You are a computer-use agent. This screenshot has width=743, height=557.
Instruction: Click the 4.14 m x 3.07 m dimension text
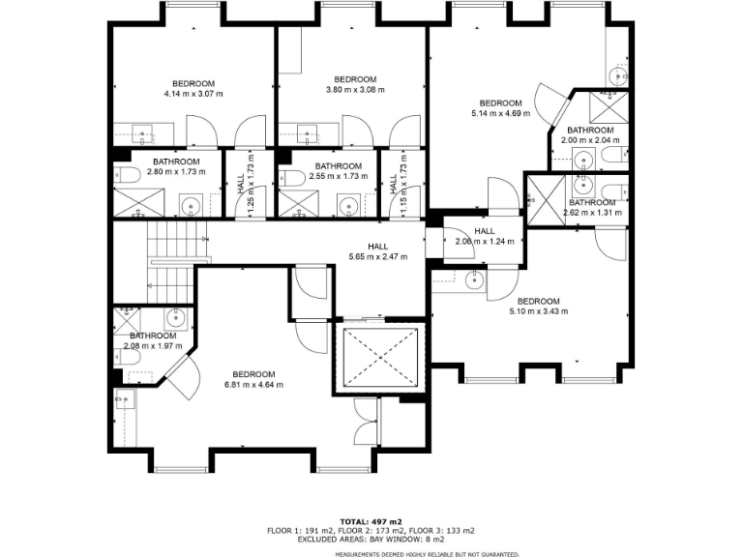[193, 94]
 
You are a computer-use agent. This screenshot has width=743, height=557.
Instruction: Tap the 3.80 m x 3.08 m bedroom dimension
[355, 90]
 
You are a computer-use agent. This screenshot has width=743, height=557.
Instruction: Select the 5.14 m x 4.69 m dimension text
[500, 114]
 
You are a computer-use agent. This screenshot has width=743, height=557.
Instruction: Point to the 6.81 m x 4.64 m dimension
[253, 385]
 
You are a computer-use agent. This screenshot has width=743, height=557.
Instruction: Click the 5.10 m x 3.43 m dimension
[538, 311]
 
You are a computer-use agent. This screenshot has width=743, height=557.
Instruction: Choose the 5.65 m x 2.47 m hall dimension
[377, 257]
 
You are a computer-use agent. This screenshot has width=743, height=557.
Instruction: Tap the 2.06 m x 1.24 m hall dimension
[485, 242]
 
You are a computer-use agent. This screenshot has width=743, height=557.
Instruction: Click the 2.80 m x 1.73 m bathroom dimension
[176, 172]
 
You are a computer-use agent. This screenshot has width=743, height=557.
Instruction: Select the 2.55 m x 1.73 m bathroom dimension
[339, 177]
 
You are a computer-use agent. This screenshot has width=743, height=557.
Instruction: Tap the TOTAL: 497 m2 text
[371, 522]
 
